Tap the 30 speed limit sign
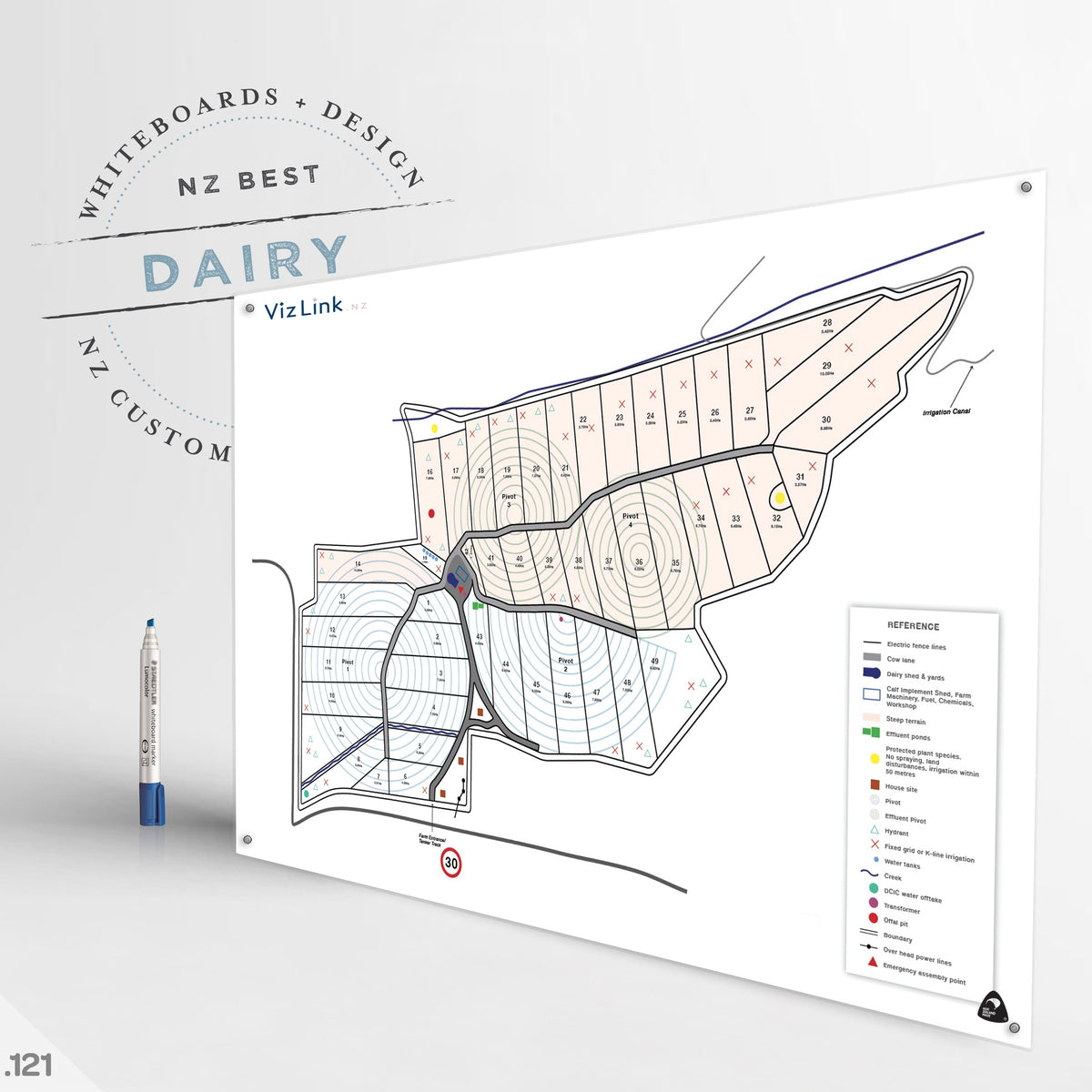coord(450,862)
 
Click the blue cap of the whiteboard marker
coord(153,804)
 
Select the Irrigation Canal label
coord(946,412)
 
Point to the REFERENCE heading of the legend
coord(913,626)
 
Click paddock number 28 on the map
coord(826,323)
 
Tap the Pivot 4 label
coord(630,520)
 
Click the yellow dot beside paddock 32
coord(780,498)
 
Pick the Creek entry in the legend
coord(892,876)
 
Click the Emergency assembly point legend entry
coord(923,973)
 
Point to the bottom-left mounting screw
coord(247,839)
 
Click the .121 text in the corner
coord(29,1065)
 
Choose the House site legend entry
coord(900,788)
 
